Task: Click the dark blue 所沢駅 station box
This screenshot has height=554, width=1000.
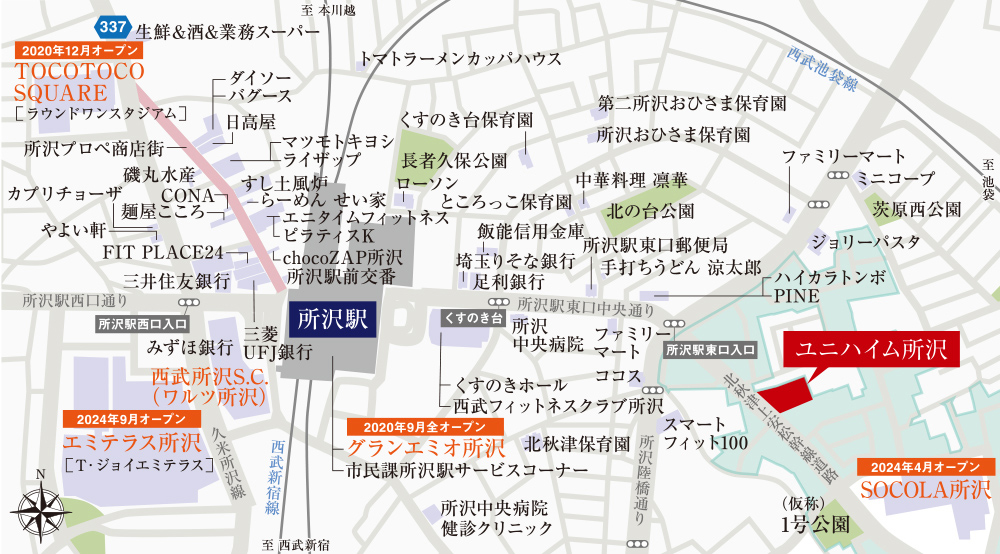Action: [x=332, y=320]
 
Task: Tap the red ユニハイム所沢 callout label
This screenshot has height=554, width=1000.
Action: [x=870, y=351]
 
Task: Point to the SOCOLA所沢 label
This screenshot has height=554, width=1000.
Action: [x=925, y=490]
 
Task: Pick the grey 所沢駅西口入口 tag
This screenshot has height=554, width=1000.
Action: [x=142, y=324]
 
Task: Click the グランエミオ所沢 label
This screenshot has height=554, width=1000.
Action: [x=425, y=447]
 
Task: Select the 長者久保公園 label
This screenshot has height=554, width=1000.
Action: [x=454, y=160]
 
